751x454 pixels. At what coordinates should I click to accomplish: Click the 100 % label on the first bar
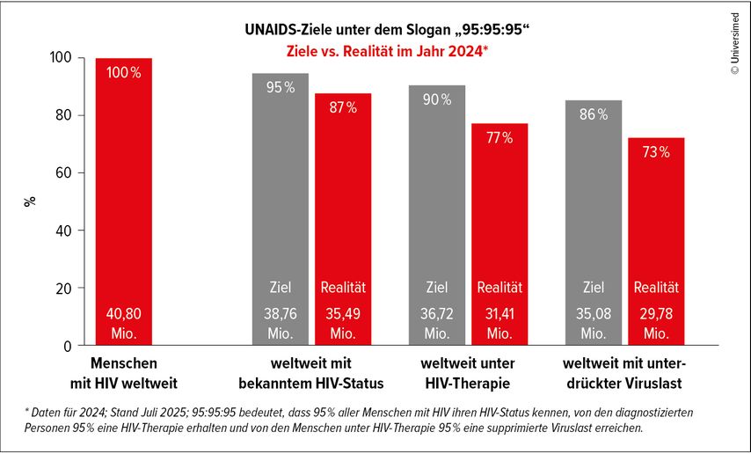[x=123, y=73]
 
